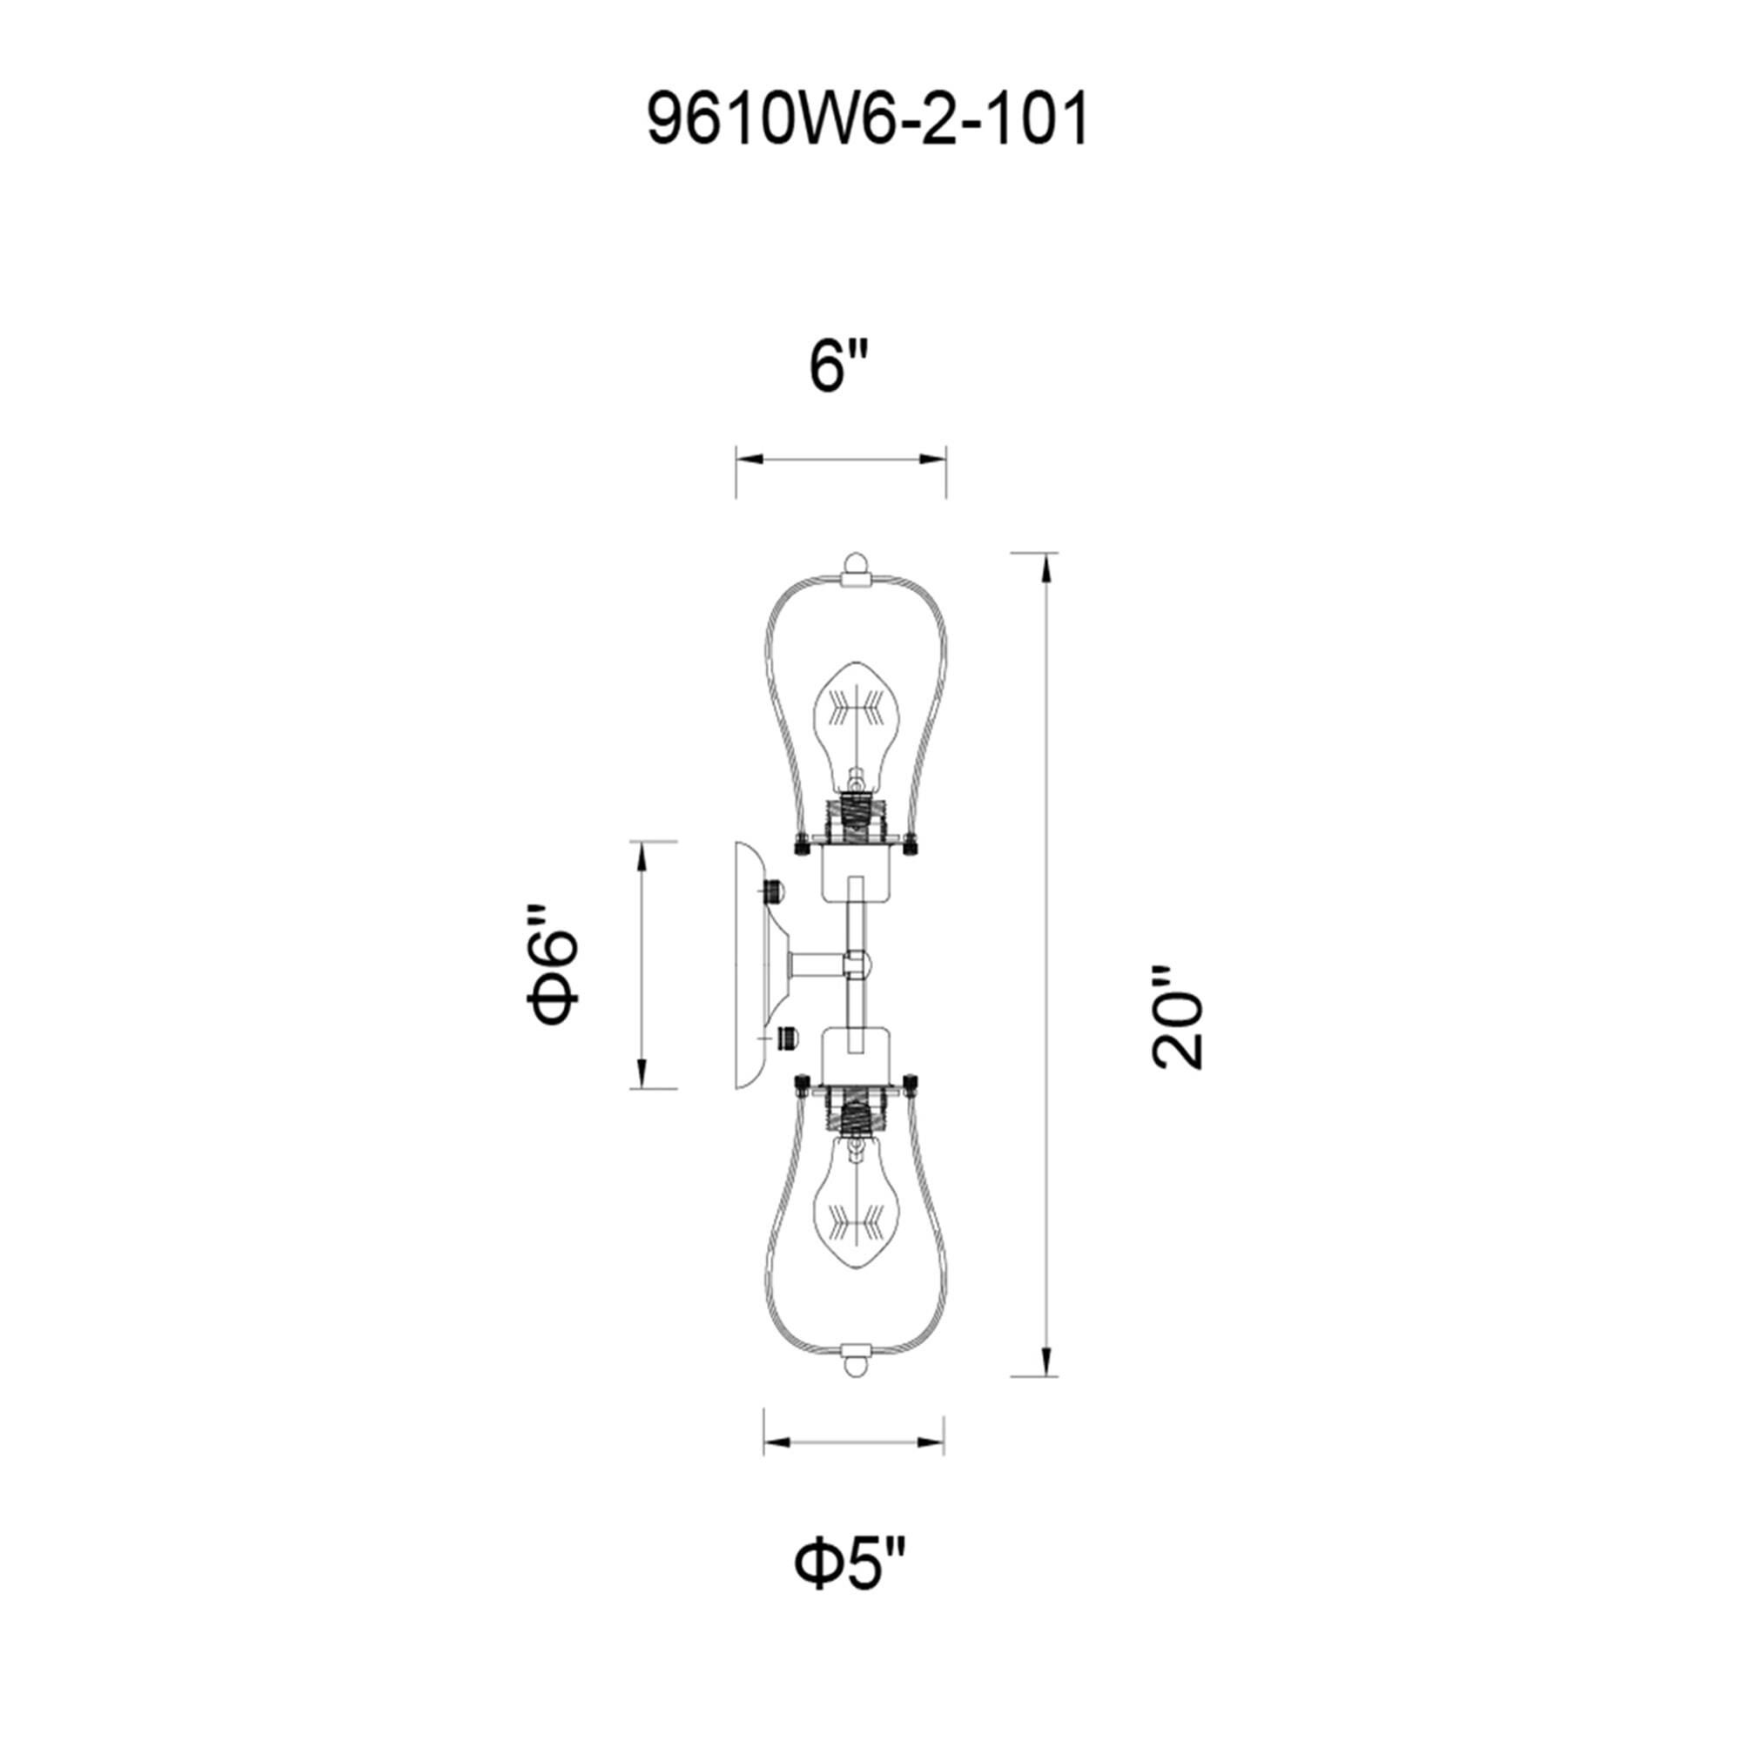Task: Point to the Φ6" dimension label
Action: pos(552,966)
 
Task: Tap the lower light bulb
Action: pos(856,1207)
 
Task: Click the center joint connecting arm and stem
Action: pos(857,965)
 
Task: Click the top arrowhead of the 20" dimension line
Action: pos(1045,569)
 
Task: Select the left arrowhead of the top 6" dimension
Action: pos(750,460)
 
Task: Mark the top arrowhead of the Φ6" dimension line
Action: pos(642,856)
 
